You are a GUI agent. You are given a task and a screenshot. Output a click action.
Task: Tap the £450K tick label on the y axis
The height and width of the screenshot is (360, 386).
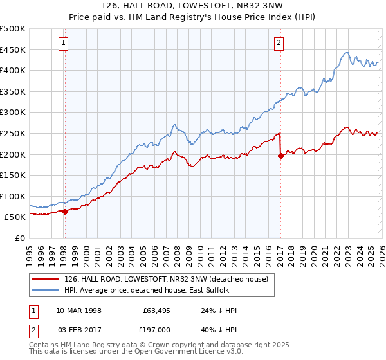13,50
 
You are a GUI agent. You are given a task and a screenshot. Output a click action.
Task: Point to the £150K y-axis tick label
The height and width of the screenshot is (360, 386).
13,175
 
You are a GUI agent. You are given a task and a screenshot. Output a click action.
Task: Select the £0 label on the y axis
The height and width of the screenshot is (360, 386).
20,238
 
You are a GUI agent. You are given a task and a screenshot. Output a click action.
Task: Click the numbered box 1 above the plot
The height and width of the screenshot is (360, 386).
64,43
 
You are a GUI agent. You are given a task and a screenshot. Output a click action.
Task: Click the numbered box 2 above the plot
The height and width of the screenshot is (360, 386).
279,43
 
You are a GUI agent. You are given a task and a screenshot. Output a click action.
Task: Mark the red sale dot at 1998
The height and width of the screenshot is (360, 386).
65,212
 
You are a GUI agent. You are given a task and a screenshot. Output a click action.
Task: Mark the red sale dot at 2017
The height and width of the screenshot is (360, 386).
280,155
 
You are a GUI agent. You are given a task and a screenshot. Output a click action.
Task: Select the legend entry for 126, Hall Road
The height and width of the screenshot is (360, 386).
170,278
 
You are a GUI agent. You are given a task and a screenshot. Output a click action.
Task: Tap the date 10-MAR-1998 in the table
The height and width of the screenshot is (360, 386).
78,310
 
